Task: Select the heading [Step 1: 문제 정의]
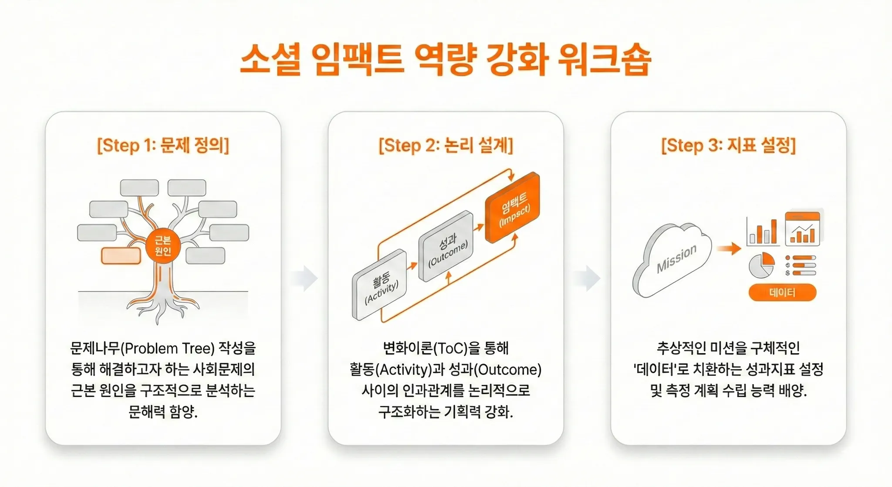tap(163, 145)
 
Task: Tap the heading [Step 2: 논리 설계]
tap(446, 145)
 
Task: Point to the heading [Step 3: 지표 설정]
tap(728, 145)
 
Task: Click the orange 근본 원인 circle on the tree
tap(163, 246)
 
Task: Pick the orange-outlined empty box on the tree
tap(121, 255)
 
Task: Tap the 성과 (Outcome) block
tap(446, 246)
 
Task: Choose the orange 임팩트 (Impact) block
tap(513, 208)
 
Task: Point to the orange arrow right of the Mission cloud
tap(729, 249)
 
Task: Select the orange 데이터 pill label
tap(782, 293)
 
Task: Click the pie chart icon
tap(761, 265)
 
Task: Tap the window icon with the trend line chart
tap(802, 229)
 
